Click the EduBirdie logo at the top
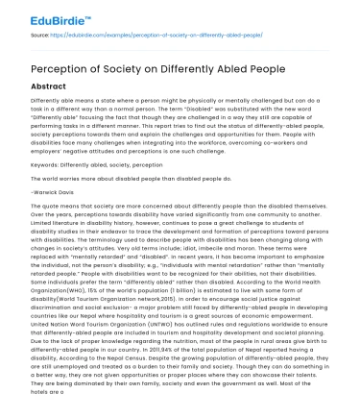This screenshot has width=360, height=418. point(39,16)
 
